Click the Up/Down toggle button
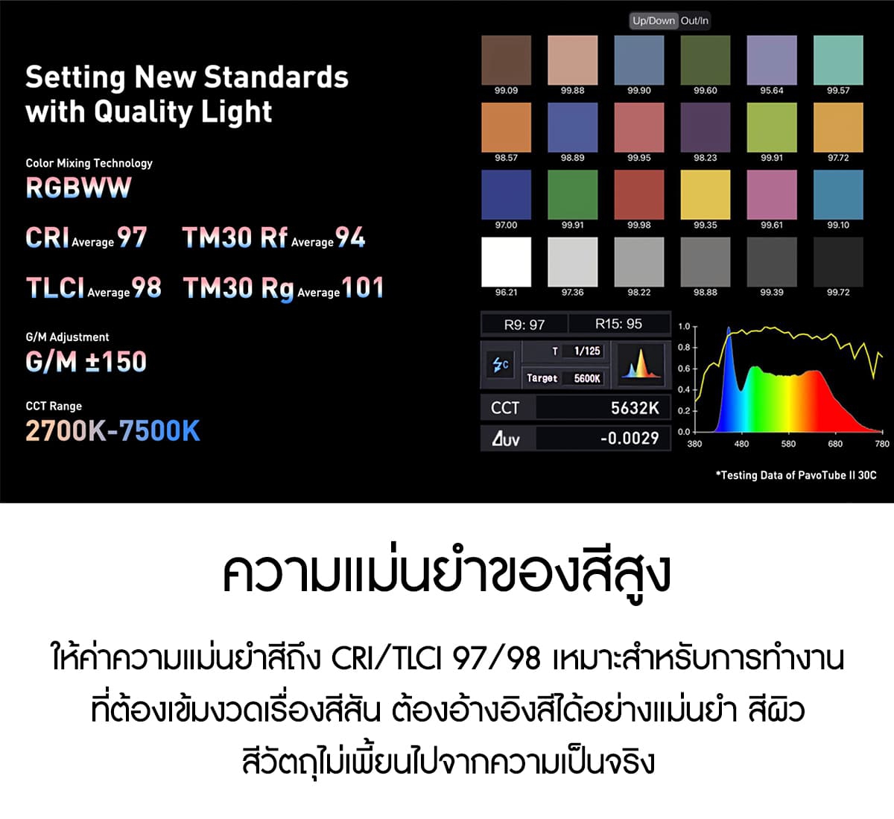[654, 21]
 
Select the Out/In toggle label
[694, 21]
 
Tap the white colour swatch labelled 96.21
[507, 262]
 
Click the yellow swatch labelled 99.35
[706, 195]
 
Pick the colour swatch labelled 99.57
[838, 60]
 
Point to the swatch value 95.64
[772, 90]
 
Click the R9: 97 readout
[524, 325]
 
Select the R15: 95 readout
[618, 324]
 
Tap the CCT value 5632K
[635, 408]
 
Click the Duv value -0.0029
[630, 438]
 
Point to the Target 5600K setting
[564, 378]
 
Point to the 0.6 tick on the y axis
[684, 369]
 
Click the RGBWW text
[78, 188]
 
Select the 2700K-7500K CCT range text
[112, 430]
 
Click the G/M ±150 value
[86, 361]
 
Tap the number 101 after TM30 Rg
[363, 287]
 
